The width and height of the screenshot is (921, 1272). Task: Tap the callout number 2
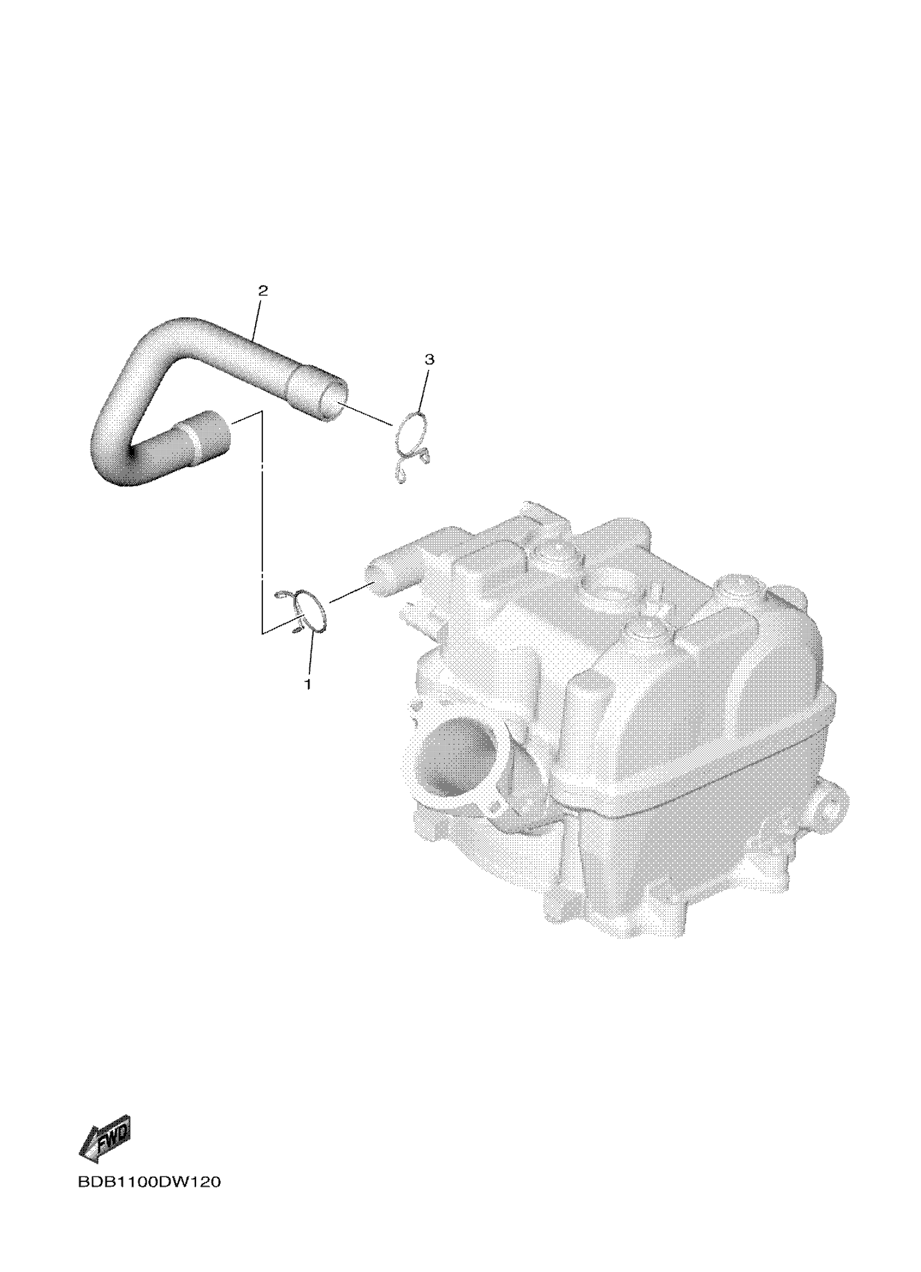click(263, 290)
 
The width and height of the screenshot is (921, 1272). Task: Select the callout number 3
click(430, 359)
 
